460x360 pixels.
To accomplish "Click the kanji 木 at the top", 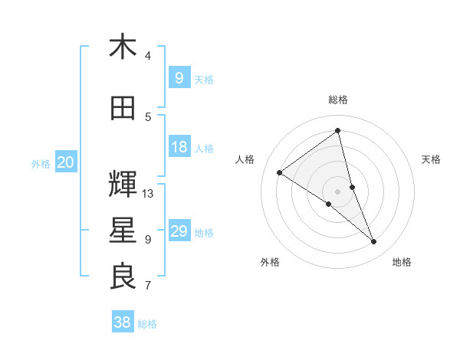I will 123,47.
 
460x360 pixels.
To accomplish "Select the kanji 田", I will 123,109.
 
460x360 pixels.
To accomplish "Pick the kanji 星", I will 123,231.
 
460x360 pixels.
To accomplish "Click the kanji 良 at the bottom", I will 123,277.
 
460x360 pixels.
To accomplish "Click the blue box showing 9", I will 179,77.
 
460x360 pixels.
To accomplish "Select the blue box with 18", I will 179,147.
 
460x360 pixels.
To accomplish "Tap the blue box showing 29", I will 179,231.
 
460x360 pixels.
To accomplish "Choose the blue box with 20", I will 65,162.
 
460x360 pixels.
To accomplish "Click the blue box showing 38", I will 123,322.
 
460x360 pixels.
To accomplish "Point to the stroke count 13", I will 148,193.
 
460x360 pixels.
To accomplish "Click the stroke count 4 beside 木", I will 148,56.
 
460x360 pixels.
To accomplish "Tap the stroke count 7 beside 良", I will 148,286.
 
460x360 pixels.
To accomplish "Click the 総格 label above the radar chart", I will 338,100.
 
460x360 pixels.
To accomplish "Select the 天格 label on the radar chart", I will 431,159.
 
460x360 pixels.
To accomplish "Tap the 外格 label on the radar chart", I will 270,262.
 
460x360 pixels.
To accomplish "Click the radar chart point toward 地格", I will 374,242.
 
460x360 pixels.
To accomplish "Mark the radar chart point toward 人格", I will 280,172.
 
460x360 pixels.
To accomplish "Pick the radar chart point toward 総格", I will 338,130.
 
